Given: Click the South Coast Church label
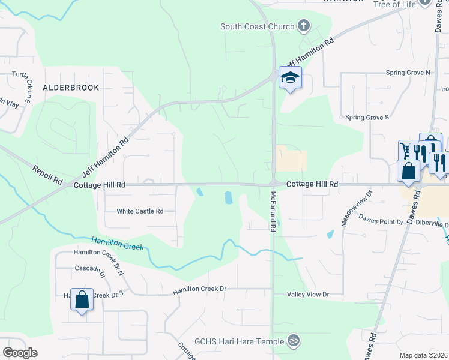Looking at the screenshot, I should point(258,26).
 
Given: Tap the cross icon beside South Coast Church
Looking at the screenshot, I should point(304,26).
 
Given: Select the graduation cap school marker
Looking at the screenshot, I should point(290,78).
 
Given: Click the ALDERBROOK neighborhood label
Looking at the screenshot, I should point(71,88).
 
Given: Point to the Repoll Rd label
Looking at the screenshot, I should point(48,175).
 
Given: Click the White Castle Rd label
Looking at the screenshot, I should point(140,211).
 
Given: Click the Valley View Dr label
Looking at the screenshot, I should point(309,295).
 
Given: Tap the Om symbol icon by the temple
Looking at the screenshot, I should point(293,340).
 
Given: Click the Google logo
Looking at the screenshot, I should point(20,353).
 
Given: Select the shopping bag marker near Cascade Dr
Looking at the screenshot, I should point(82,299).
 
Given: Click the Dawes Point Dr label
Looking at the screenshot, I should point(381,222).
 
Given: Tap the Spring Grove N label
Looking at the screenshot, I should point(408,73).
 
